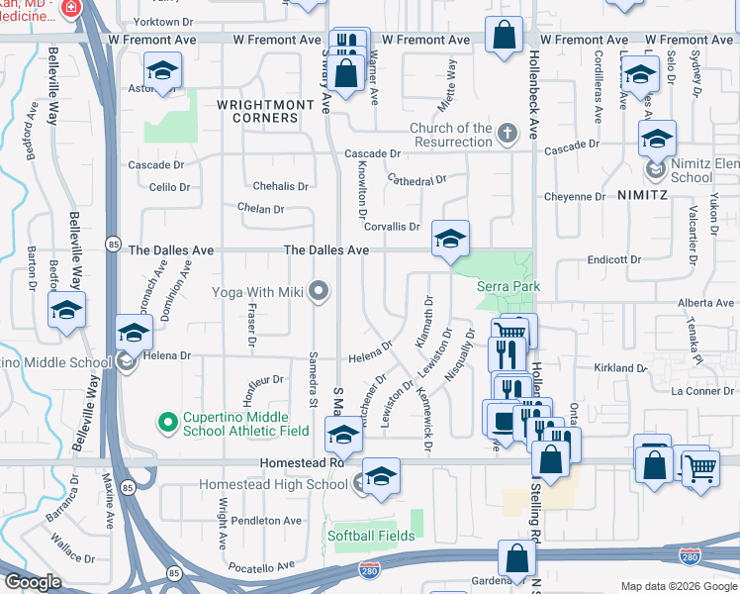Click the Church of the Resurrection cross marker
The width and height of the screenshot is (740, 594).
507,133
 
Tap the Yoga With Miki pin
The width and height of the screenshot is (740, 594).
318,291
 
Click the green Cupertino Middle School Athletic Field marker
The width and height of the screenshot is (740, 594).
167,423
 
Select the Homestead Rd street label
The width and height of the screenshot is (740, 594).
301,462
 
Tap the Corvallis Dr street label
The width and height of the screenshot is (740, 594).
392,227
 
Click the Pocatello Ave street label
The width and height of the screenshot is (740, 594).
261,566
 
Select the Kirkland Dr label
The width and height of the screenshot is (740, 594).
620,367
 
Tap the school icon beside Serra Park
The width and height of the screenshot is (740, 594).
450,240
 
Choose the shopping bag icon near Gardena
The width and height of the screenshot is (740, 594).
516,559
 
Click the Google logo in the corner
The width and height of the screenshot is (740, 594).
33,582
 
